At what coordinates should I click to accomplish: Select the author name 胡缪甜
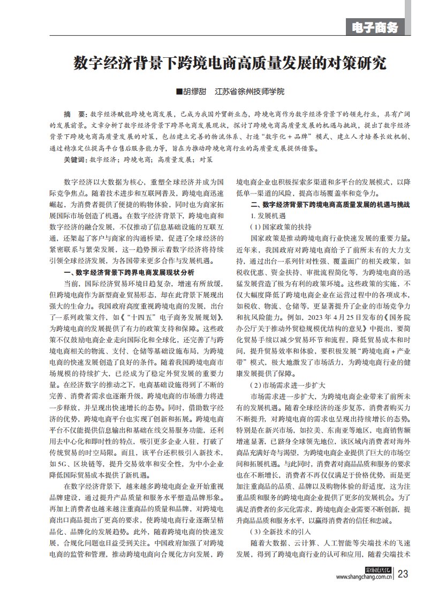click(196, 92)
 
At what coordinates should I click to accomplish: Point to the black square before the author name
click(179, 92)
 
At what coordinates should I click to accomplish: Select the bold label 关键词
click(74, 159)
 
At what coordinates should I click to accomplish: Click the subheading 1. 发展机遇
click(268, 216)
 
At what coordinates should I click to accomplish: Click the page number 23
click(403, 574)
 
